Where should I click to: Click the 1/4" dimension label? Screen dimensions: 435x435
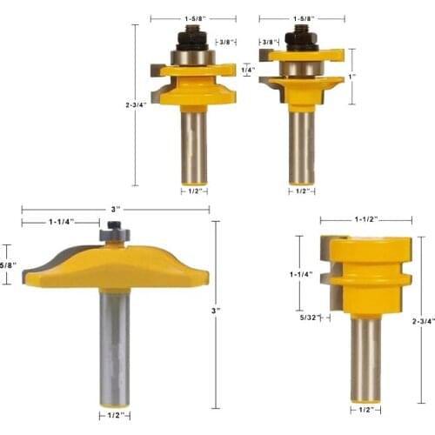point(247,69)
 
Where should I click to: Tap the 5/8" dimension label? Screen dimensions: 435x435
point(7,264)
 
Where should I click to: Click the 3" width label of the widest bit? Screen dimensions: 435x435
point(116,209)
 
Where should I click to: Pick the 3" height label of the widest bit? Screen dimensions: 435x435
point(217,311)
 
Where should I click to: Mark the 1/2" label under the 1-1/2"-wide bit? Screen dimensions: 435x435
point(365,410)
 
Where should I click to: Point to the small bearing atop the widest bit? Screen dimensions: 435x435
point(114,233)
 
